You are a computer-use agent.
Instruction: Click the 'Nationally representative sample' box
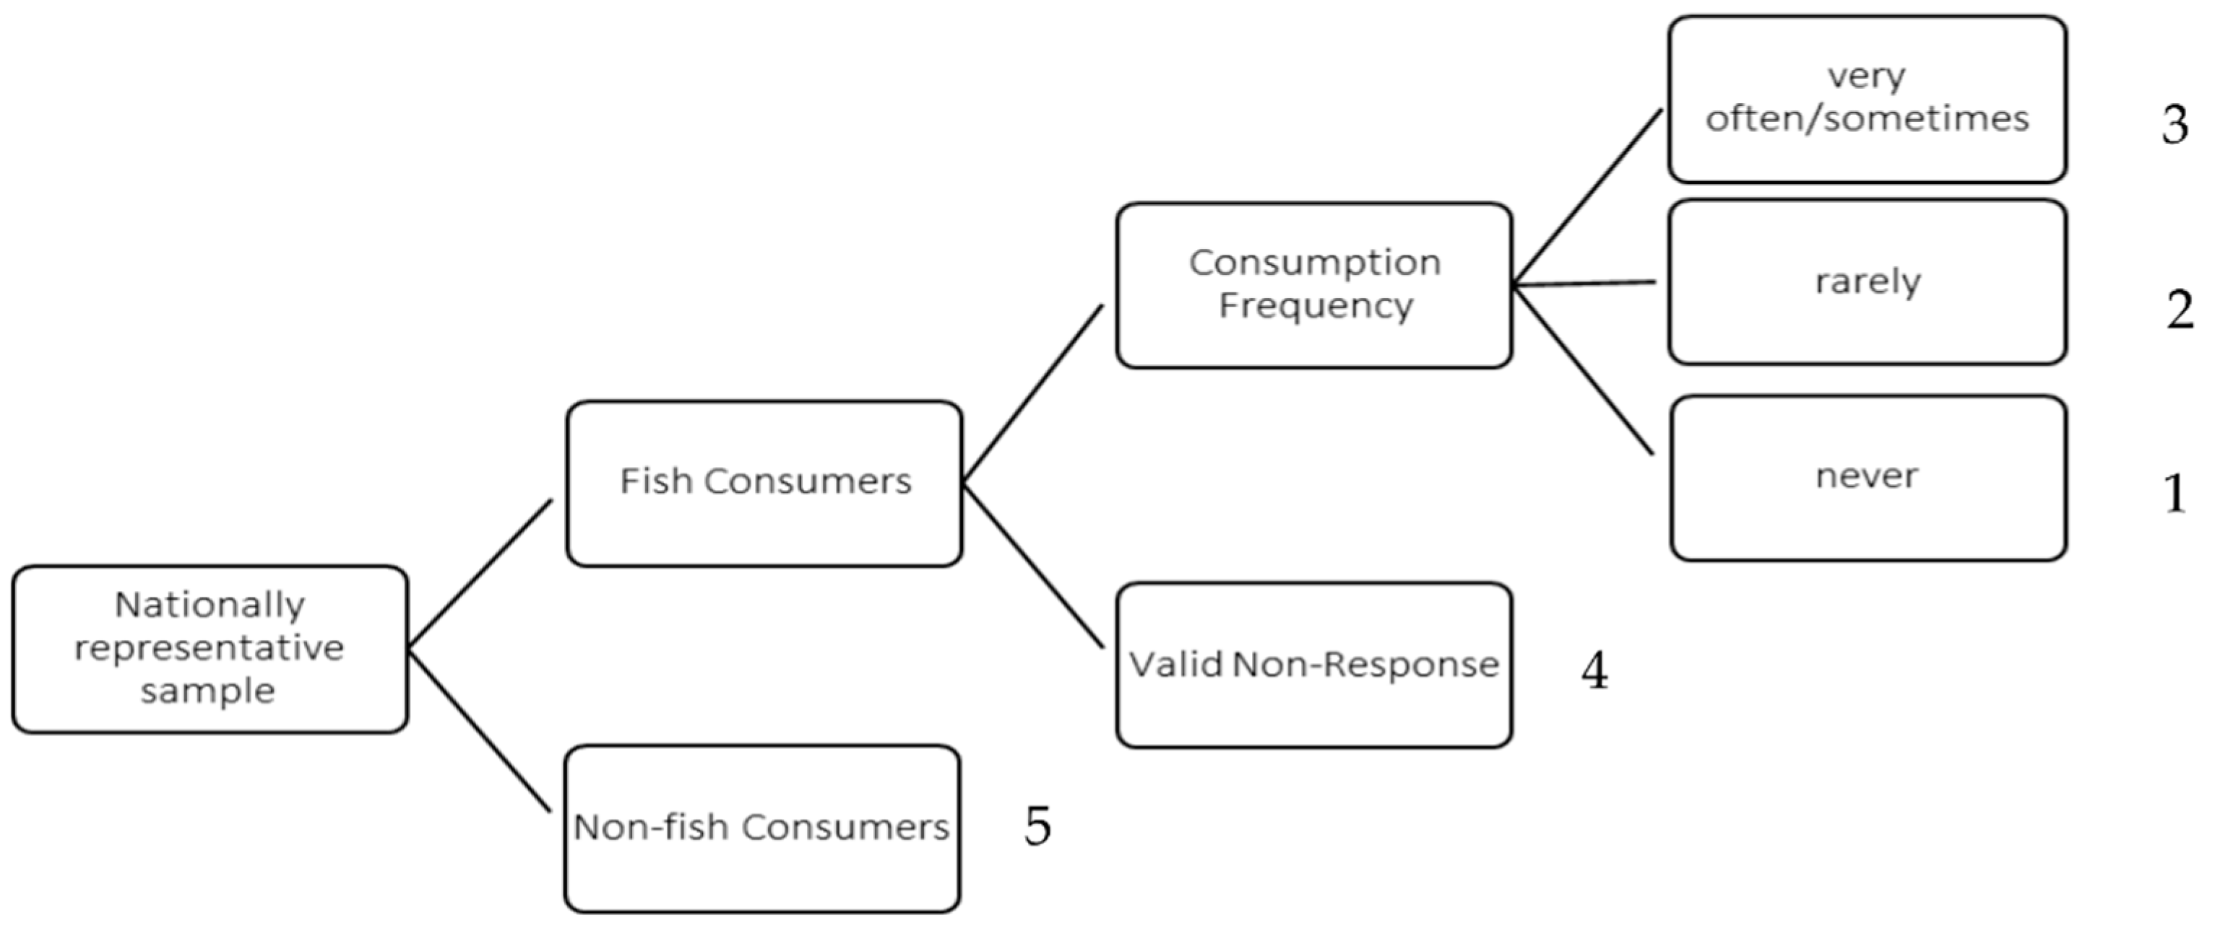click(210, 649)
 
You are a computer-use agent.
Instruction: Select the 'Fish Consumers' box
click(764, 483)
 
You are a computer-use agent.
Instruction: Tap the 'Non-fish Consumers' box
click(762, 828)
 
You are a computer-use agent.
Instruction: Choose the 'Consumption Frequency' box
click(1314, 285)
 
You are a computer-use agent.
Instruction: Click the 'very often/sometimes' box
click(1868, 98)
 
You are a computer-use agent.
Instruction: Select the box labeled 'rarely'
click(1868, 282)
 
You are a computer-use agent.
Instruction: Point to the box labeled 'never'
click(1868, 478)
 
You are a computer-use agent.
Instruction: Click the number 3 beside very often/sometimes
click(2175, 125)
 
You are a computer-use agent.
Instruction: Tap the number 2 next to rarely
click(2179, 310)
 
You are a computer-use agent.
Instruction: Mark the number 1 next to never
click(2175, 494)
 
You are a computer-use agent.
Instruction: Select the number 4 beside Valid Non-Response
click(1594, 671)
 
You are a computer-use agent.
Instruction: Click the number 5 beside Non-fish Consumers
click(1037, 826)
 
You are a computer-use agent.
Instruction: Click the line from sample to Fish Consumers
click(480, 573)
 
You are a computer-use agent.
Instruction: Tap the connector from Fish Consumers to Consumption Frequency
click(1032, 393)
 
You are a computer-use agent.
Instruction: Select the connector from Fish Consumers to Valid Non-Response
click(1032, 566)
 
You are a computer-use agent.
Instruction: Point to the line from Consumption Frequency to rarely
click(1584, 283)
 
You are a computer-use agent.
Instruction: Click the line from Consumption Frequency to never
click(1584, 370)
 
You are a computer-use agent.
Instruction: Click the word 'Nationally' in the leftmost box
click(210, 605)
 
